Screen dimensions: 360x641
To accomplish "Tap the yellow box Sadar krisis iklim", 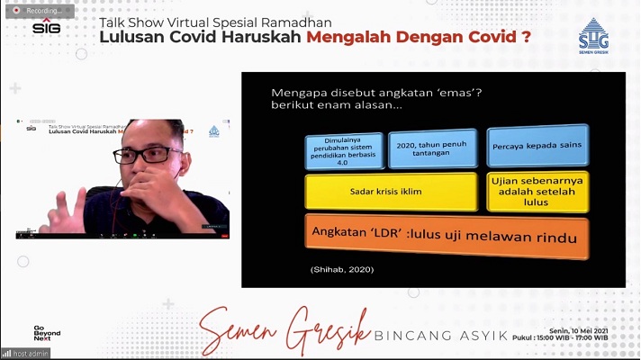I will tap(391, 191).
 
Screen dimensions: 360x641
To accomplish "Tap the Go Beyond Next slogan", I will tap(46, 332).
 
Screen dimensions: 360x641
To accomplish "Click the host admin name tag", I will tap(26, 353).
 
